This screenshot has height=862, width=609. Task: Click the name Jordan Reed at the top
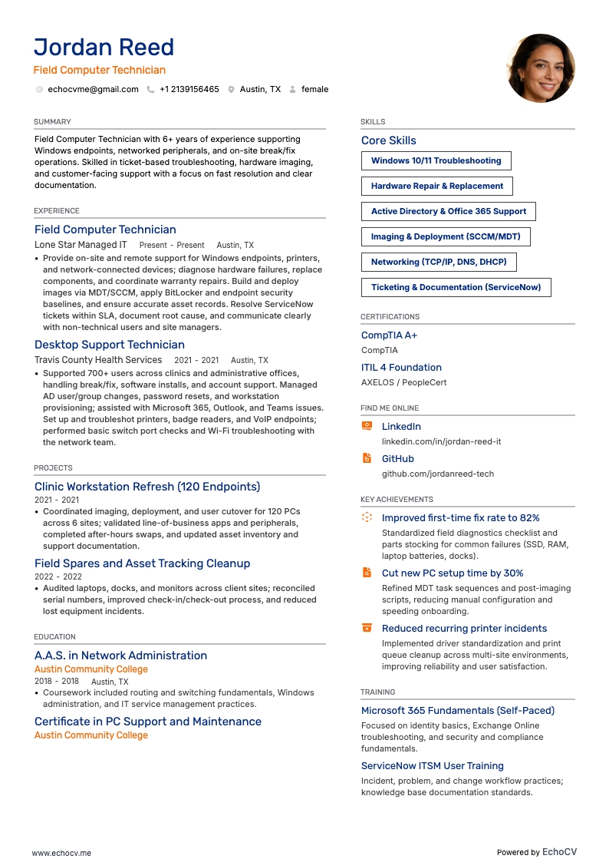pyautogui.click(x=104, y=48)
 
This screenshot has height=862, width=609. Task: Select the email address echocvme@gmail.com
pyautogui.click(x=93, y=90)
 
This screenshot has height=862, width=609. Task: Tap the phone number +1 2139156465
pyautogui.click(x=189, y=90)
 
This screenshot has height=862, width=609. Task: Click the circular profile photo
pyautogui.click(x=541, y=68)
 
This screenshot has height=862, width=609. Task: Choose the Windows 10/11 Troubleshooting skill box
pyautogui.click(x=436, y=161)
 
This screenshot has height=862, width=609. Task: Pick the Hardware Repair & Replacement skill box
pyautogui.click(x=436, y=187)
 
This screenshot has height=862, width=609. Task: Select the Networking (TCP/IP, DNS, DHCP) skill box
pyautogui.click(x=439, y=263)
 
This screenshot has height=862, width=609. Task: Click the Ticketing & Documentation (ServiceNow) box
pyautogui.click(x=456, y=288)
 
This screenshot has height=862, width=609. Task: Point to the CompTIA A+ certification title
pyautogui.click(x=389, y=335)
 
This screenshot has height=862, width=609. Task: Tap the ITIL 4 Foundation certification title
pyautogui.click(x=401, y=368)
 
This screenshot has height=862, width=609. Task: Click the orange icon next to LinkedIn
pyautogui.click(x=367, y=426)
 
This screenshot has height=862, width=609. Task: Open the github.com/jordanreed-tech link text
pyautogui.click(x=438, y=474)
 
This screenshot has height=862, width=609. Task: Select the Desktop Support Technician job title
pyautogui.click(x=110, y=345)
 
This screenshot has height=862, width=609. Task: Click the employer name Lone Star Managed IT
pyautogui.click(x=81, y=245)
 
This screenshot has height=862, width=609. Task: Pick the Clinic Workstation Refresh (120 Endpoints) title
pyautogui.click(x=147, y=487)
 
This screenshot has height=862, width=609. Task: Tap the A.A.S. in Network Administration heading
pyautogui.click(x=120, y=656)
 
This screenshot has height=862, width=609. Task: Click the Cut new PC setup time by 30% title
pyautogui.click(x=453, y=573)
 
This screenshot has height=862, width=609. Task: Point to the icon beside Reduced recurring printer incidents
pyautogui.click(x=367, y=628)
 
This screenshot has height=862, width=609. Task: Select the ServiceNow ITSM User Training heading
pyautogui.click(x=432, y=766)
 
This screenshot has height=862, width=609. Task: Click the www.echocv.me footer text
pyautogui.click(x=61, y=853)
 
